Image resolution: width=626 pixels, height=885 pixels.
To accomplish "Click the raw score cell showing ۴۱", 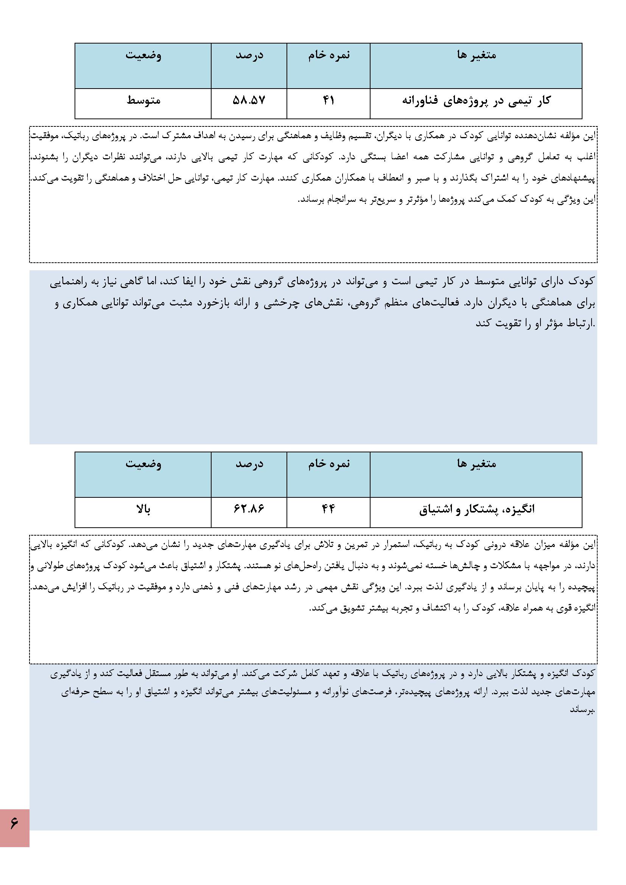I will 329,101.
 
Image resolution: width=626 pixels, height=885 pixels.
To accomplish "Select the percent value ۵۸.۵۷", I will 249,101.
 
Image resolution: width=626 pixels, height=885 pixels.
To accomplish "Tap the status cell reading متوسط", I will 143,101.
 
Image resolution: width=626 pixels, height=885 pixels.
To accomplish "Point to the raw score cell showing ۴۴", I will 329,509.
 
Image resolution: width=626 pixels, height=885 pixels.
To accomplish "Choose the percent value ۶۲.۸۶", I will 249,509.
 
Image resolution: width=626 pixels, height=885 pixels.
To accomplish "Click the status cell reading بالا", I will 143,509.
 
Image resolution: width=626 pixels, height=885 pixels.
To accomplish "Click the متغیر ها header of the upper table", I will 477,55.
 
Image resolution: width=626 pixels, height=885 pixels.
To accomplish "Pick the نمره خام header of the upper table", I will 329,55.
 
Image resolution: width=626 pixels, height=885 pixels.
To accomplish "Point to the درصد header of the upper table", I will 249,55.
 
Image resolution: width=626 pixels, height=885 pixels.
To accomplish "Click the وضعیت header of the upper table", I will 143,55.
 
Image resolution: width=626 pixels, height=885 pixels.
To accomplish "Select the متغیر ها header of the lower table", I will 477,463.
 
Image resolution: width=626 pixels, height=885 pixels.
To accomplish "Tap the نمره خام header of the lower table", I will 329,463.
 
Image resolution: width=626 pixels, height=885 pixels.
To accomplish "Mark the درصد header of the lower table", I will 249,463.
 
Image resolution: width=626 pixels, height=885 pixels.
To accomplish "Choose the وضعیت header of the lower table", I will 143,463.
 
